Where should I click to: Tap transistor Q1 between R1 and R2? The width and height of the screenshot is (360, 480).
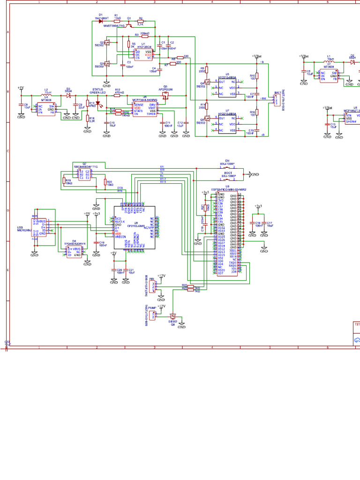[x=129, y=23]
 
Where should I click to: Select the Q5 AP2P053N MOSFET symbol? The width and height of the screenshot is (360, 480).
[x=165, y=95]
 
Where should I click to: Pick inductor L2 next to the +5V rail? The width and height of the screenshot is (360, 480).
[x=46, y=95]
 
